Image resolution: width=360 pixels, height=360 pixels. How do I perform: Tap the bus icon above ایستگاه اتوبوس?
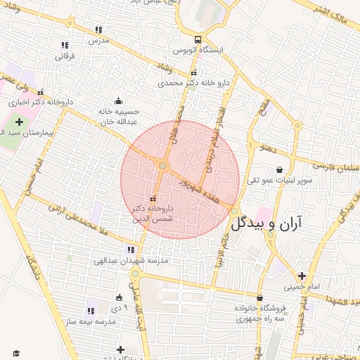click(200, 39)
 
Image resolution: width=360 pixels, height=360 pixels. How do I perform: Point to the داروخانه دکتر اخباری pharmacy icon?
click(41, 91)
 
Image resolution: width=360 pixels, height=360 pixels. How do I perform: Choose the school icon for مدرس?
click(98, 30)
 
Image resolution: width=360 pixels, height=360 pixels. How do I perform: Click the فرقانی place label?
click(64, 55)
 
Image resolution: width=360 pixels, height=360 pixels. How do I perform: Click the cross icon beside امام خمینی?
click(302, 276)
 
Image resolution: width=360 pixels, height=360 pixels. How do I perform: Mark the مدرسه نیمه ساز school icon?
click(91, 309)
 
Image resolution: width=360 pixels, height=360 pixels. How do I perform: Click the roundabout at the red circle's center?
click(163, 166)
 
